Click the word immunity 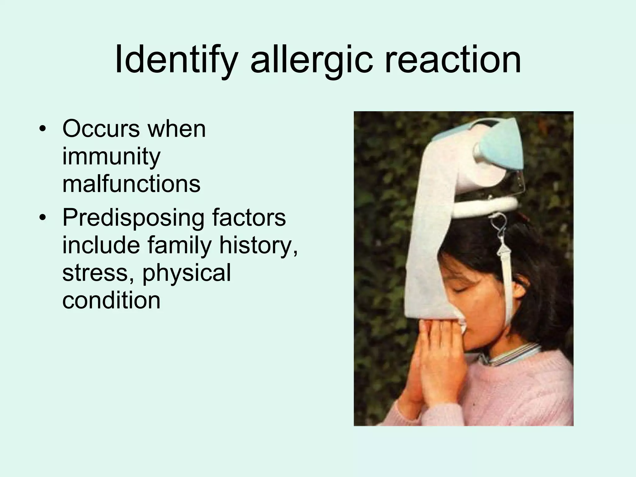(x=111, y=157)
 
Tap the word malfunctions (x=131, y=184)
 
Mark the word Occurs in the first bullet (x=101, y=129)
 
